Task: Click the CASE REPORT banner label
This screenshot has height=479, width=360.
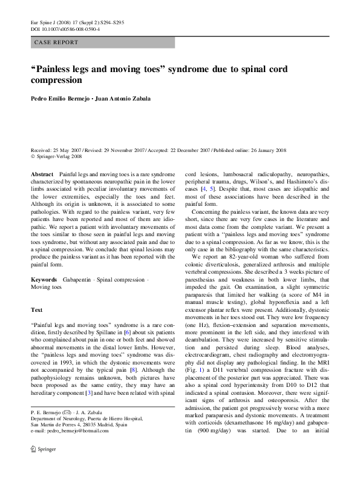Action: pyautogui.click(x=56, y=43)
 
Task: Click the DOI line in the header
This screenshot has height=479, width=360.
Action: pyautogui.click(x=66, y=28)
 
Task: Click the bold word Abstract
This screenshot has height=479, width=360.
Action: pyautogui.click(x=43, y=174)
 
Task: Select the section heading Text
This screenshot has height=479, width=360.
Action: pyautogui.click(x=36, y=309)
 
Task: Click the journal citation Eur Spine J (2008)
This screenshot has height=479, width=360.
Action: pyautogui.click(x=54, y=21)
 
